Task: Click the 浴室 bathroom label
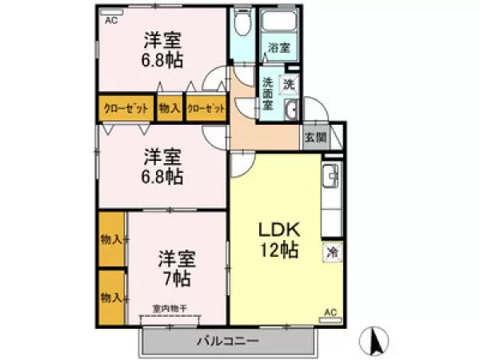279,47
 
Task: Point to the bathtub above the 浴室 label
279,22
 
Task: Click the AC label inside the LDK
330,313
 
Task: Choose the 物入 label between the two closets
170,108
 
